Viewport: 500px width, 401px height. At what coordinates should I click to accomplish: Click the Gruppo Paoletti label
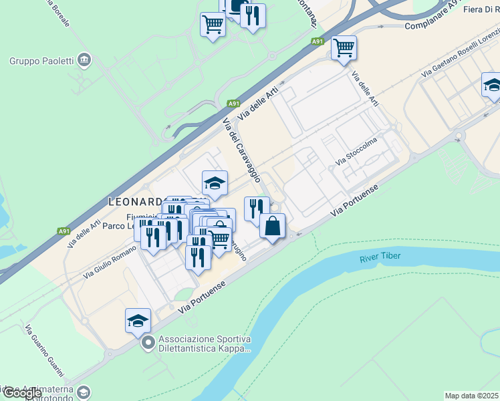(40, 61)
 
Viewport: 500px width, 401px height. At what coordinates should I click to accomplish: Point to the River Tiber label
(382, 257)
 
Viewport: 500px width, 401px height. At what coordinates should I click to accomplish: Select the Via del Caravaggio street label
(242, 146)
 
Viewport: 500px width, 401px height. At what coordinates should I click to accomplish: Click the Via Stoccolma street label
(357, 151)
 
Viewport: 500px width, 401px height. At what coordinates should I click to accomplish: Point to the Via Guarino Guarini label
(40, 351)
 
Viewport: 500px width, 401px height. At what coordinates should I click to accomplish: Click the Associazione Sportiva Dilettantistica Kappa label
(205, 343)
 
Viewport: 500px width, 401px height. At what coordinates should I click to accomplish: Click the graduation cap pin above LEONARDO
(215, 182)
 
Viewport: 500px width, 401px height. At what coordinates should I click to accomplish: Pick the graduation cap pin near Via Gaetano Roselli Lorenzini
(492, 85)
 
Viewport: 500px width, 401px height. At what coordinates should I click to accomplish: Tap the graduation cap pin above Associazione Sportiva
(138, 321)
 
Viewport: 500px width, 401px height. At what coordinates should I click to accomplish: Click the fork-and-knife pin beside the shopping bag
(257, 209)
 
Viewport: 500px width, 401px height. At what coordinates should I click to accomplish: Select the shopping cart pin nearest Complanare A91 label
(344, 47)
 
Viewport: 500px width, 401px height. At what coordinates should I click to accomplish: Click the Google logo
(21, 393)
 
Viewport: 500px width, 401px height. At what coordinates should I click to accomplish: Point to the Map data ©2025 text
(472, 396)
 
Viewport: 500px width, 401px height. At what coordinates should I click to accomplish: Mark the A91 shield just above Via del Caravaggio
(233, 104)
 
